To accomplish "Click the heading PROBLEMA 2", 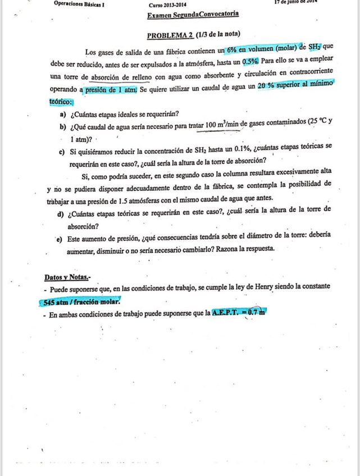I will click(x=170, y=35).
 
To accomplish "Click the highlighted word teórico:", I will click(x=59, y=102).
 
